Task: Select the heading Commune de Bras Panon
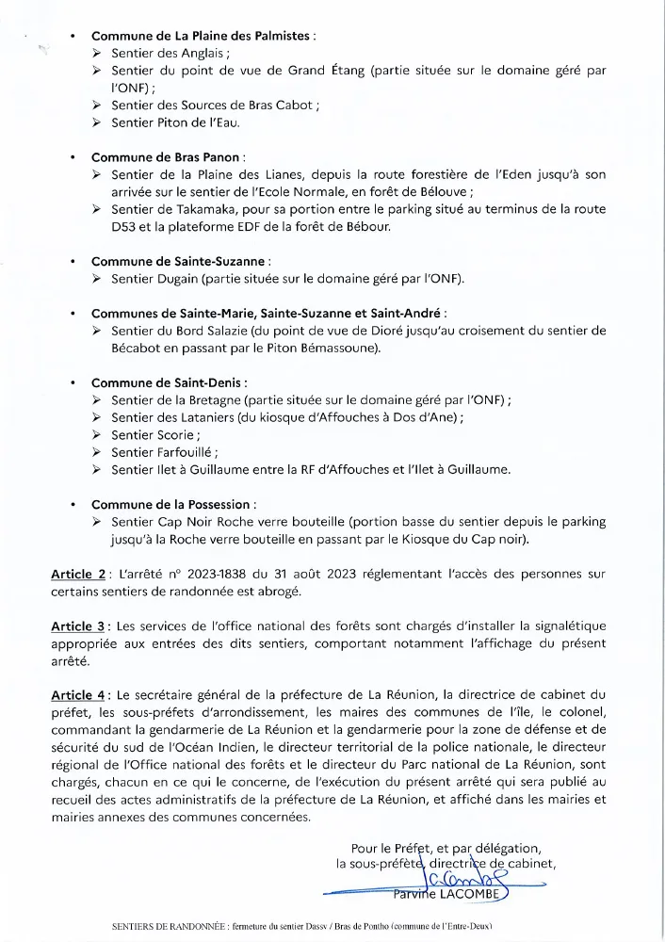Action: click(x=167, y=157)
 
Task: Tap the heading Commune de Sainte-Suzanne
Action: click(x=180, y=260)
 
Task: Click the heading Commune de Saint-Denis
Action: click(x=168, y=382)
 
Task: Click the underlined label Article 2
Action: click(x=78, y=574)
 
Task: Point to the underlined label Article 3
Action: click(x=78, y=625)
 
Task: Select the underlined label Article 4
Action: click(x=78, y=695)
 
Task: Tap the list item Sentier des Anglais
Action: click(x=163, y=54)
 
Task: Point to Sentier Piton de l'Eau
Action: click(x=175, y=122)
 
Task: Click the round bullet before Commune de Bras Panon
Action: click(x=73, y=157)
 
